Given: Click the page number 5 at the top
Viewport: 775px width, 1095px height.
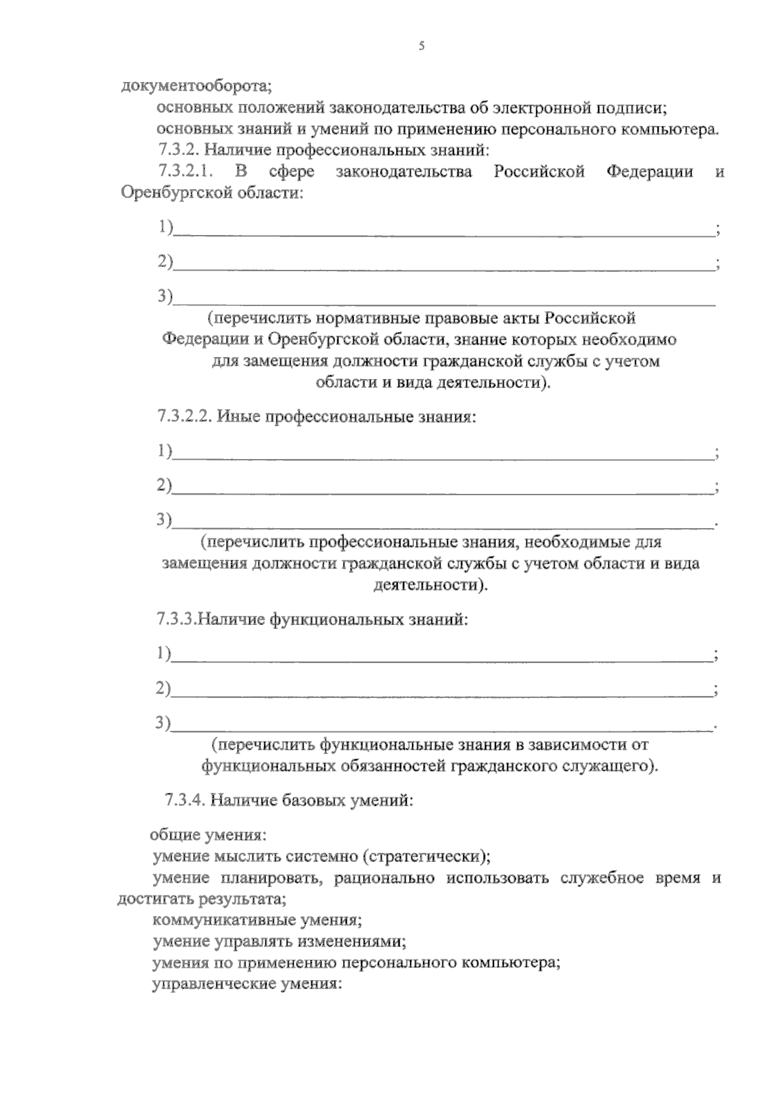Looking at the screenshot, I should [x=421, y=46].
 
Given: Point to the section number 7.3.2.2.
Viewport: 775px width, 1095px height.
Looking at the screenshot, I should [x=185, y=416].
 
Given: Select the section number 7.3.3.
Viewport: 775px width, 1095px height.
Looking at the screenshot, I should [x=175, y=620].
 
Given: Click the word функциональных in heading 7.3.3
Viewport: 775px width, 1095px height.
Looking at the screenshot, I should [x=338, y=620].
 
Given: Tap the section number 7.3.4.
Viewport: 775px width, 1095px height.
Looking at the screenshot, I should [x=185, y=801].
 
